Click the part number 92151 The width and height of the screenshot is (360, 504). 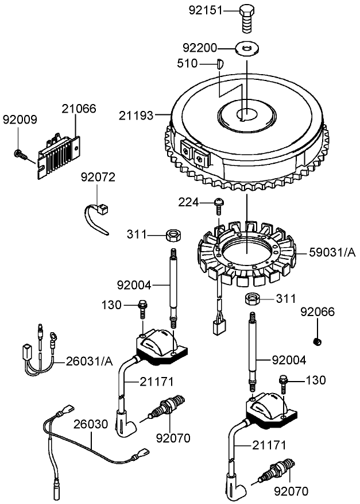[x=205, y=10]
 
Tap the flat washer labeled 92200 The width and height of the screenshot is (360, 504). [x=247, y=49]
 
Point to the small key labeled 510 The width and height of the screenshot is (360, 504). [x=219, y=64]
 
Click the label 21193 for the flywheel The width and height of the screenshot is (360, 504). [x=136, y=116]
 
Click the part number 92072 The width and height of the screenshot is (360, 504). [x=98, y=177]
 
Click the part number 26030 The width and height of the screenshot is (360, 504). [x=90, y=424]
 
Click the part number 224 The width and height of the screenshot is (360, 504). [x=188, y=202]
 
